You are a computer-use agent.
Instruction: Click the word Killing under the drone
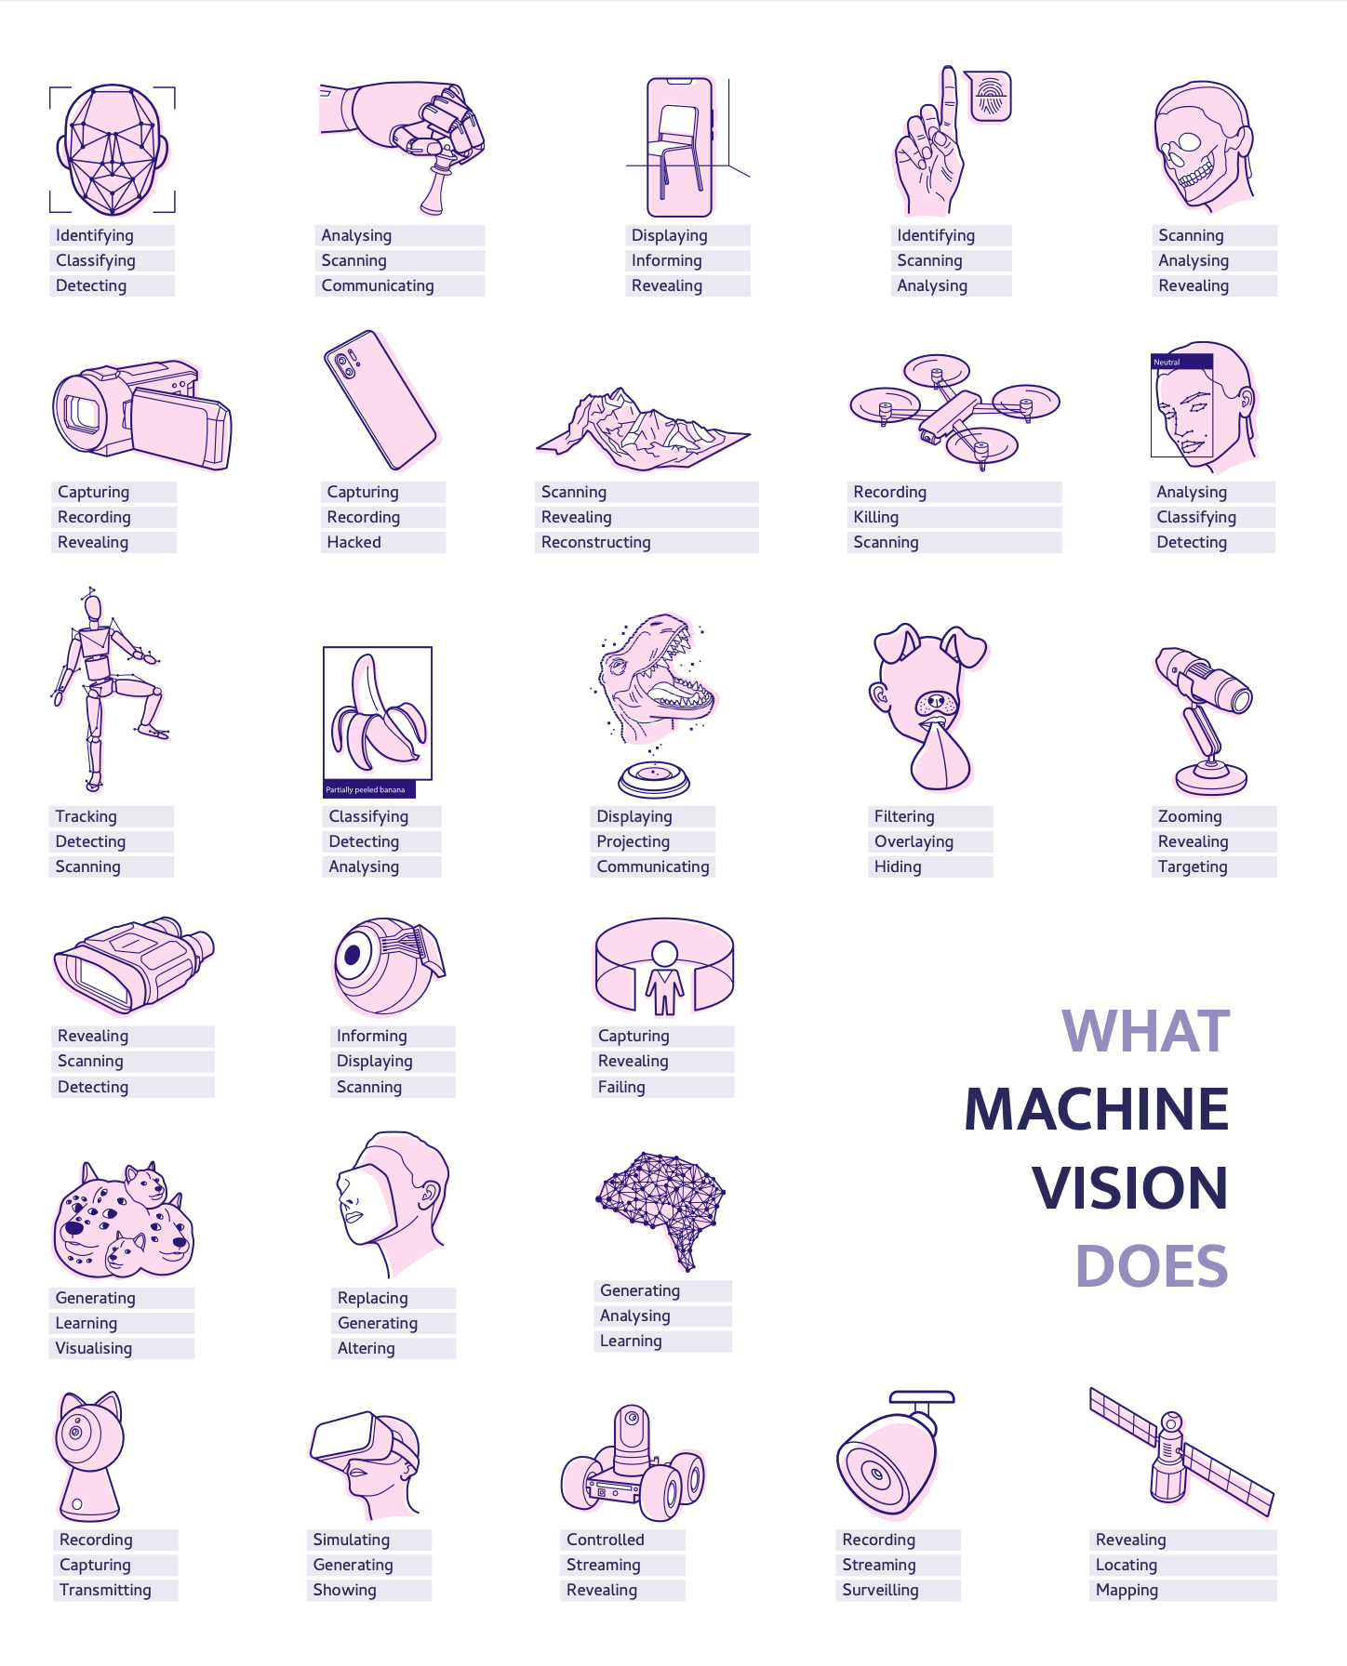875,517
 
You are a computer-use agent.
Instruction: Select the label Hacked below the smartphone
353,542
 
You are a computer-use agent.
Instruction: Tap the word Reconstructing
595,542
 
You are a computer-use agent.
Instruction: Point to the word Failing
621,1087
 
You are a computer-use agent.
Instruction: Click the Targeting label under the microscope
1192,866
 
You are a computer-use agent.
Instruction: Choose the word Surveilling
880,1590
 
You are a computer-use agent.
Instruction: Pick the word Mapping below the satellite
1127,1590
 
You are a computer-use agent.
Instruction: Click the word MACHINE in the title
1097,1109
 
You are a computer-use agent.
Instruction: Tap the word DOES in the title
1152,1266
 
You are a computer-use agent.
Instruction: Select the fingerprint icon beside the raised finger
990,96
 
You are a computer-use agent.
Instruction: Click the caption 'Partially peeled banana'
366,789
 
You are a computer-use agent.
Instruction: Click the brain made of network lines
661,1204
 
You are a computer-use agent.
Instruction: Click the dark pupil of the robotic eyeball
353,954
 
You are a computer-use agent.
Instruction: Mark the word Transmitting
105,1590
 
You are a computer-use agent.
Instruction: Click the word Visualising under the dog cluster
93,1348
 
